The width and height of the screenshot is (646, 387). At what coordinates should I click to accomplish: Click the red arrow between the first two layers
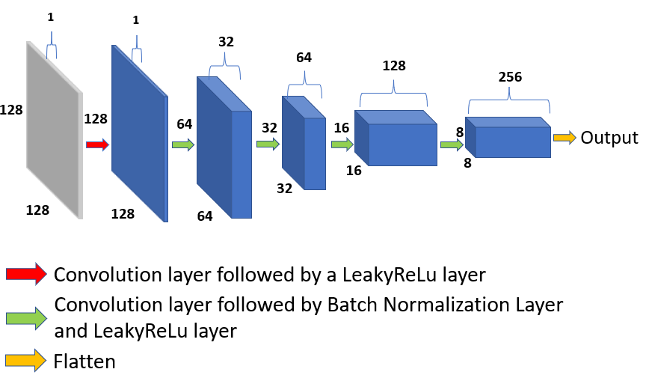pos(98,144)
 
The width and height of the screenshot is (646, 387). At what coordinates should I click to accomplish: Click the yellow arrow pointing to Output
pos(565,138)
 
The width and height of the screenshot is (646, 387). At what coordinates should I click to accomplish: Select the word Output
pos(609,138)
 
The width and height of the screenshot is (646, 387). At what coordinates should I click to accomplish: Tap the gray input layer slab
pos(54,131)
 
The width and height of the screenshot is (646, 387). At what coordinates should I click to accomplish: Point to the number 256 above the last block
pos(509,77)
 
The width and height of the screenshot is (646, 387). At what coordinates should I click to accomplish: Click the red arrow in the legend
pos(26,274)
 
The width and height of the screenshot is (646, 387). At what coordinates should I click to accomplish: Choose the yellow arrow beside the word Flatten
pos(26,362)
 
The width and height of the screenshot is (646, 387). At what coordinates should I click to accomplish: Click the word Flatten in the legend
pos(84,362)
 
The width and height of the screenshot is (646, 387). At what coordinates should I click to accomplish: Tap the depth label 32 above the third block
pos(227,43)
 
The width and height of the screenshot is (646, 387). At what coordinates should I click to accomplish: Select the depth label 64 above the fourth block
pos(304,58)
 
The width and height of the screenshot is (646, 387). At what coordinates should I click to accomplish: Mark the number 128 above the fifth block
pos(393,66)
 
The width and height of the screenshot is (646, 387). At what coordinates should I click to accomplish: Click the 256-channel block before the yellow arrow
pos(512,141)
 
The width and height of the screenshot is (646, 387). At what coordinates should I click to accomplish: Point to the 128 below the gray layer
pos(37,210)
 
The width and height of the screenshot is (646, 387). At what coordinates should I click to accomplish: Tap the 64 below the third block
pos(205,216)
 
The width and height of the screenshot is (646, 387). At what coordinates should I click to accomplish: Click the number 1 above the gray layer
pos(51,16)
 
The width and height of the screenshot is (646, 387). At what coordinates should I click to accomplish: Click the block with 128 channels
pos(400,142)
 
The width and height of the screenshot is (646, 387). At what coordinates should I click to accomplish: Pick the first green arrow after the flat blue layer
pos(183,144)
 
